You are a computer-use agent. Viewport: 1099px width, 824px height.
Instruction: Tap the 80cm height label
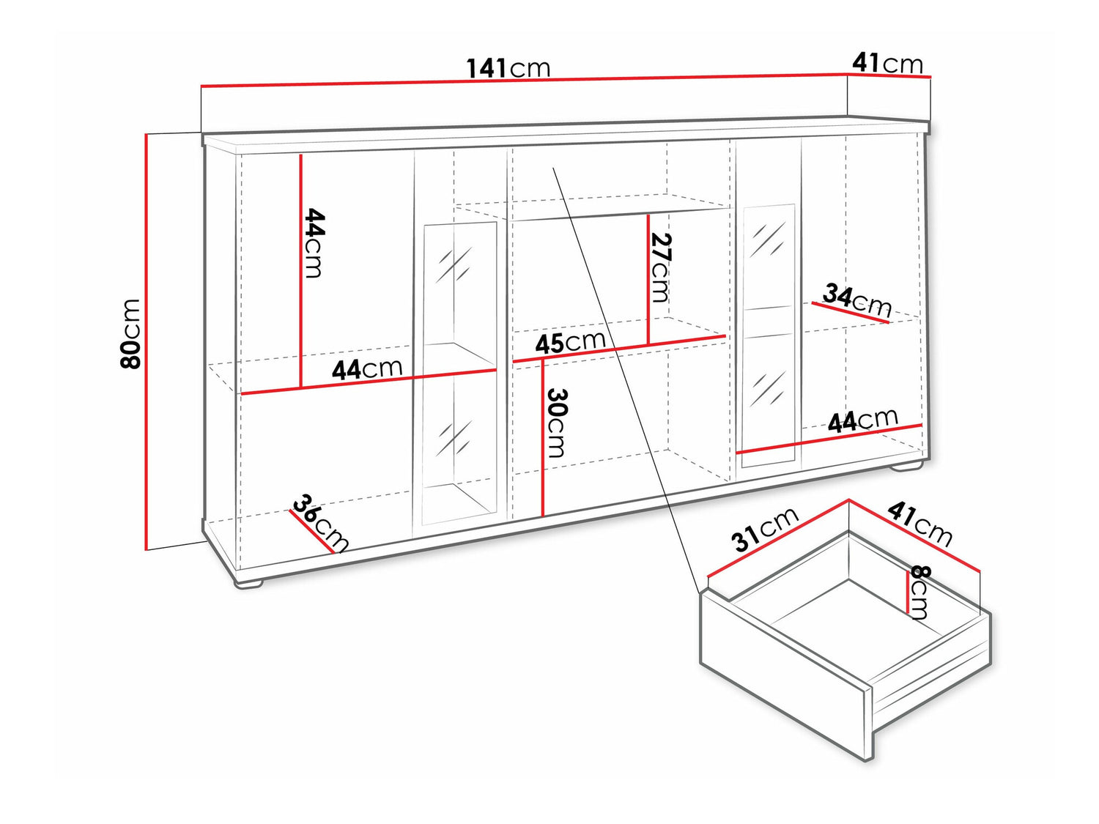point(130,334)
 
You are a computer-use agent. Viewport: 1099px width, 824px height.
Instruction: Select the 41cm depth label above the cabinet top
point(887,64)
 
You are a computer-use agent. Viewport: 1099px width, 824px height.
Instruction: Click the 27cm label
point(660,267)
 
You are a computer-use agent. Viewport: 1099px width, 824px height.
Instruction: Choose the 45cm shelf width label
point(570,342)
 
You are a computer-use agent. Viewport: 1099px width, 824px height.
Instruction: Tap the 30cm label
point(556,423)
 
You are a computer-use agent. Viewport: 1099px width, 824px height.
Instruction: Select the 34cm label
point(857,301)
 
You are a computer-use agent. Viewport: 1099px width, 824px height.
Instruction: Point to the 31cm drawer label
point(765,530)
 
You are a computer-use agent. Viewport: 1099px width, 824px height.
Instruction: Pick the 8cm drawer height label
point(919,593)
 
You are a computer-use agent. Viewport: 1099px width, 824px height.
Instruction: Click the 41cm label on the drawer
point(919,524)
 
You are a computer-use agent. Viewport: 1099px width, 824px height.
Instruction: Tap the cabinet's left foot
point(249,582)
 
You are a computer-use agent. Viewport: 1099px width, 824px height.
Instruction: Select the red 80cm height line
point(147,342)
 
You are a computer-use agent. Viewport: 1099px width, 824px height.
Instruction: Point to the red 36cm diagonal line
point(311,531)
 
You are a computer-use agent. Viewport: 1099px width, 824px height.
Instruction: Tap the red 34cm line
point(850,313)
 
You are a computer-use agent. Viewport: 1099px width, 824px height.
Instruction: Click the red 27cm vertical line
point(648,279)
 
